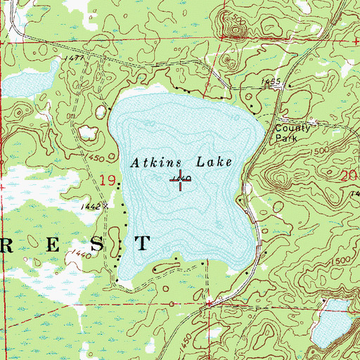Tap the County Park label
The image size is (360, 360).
(x=291, y=134)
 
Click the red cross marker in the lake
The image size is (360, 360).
(x=181, y=181)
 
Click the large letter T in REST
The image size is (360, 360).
(x=142, y=243)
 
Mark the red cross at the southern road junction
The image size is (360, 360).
(x=209, y=304)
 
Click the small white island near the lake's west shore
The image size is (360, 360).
(x=90, y=131)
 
